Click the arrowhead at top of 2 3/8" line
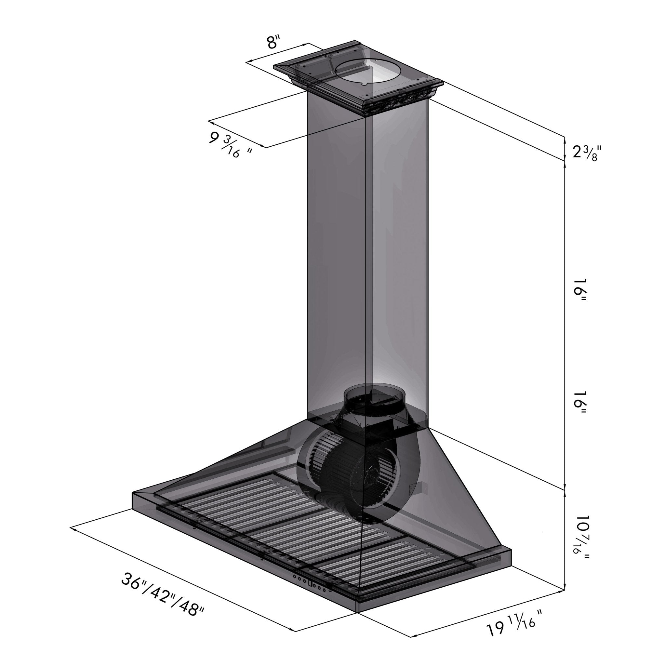(x=564, y=139)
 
